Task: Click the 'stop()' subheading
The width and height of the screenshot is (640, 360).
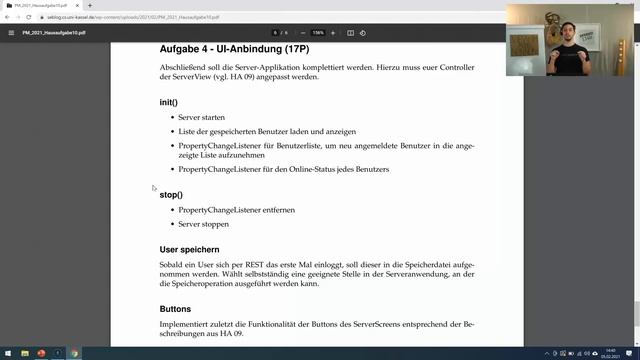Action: point(170,194)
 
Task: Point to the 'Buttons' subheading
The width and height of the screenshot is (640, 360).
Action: point(176,308)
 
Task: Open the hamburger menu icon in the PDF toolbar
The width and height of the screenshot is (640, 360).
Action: point(11,32)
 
